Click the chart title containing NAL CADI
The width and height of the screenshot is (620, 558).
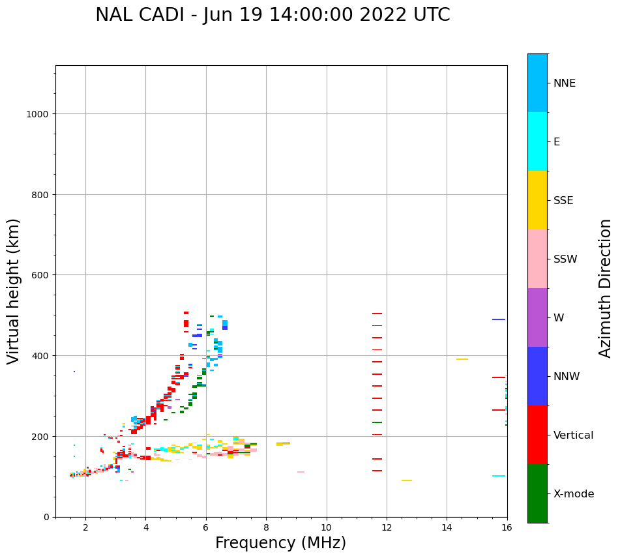[x=273, y=15]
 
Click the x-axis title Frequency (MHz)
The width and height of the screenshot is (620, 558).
[x=280, y=543]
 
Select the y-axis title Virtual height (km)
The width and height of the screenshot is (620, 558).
[x=14, y=291]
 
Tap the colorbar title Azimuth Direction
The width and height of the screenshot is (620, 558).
[x=606, y=288]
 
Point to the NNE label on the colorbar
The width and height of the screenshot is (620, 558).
[x=565, y=83]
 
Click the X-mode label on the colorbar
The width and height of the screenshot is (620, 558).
[x=574, y=494]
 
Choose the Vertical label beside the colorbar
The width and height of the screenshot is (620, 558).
[x=574, y=435]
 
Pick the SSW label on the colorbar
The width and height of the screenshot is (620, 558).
[x=565, y=259]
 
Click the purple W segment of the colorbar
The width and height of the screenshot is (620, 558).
[x=537, y=317]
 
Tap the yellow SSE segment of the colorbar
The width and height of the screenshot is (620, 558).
[x=537, y=200]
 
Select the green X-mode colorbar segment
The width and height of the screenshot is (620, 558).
[x=537, y=493]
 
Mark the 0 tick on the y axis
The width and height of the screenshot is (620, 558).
[x=46, y=517]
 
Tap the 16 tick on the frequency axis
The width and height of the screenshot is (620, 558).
[x=507, y=528]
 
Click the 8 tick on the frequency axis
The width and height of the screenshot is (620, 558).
[x=266, y=528]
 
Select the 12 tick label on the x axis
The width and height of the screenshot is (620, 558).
[x=387, y=528]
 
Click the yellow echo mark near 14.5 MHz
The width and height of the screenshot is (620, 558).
[x=462, y=359]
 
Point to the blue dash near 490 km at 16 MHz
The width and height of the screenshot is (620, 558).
[x=499, y=319]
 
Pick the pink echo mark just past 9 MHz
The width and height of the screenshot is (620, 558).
[x=301, y=472]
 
